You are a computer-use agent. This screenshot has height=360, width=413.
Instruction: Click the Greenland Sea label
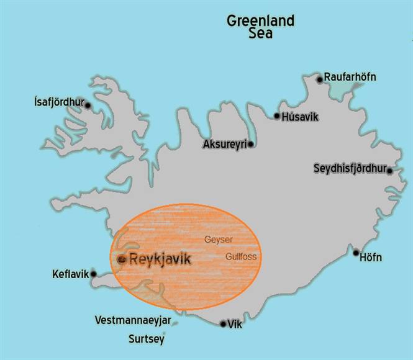point(260,27)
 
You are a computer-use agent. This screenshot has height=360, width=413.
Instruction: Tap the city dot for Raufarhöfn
point(320,79)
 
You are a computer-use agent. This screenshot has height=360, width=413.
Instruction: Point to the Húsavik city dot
point(277,116)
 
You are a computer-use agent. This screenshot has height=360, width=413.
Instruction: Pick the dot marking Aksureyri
point(250,145)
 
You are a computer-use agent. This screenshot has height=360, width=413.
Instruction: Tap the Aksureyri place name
point(225,144)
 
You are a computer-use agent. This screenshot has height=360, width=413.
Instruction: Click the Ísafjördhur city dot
point(88,106)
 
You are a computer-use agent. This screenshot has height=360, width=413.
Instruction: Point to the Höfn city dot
point(356,253)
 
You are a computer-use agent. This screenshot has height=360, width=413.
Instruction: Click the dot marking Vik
point(223,323)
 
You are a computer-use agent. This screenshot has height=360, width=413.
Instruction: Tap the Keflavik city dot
point(94,273)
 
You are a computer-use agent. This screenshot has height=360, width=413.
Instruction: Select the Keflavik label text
point(71,273)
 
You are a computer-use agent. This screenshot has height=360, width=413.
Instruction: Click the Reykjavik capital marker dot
point(122,259)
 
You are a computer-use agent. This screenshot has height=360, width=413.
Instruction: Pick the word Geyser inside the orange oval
point(219,239)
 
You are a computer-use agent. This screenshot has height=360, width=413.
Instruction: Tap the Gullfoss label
point(241,256)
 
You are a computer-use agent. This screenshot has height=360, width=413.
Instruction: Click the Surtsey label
point(146,340)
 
